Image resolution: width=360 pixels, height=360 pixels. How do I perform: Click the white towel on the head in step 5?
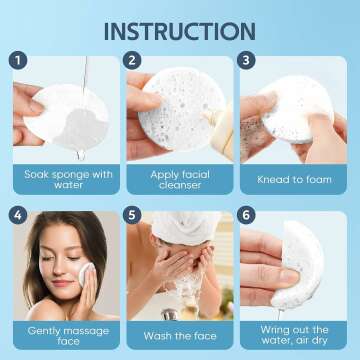tap(180, 224)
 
